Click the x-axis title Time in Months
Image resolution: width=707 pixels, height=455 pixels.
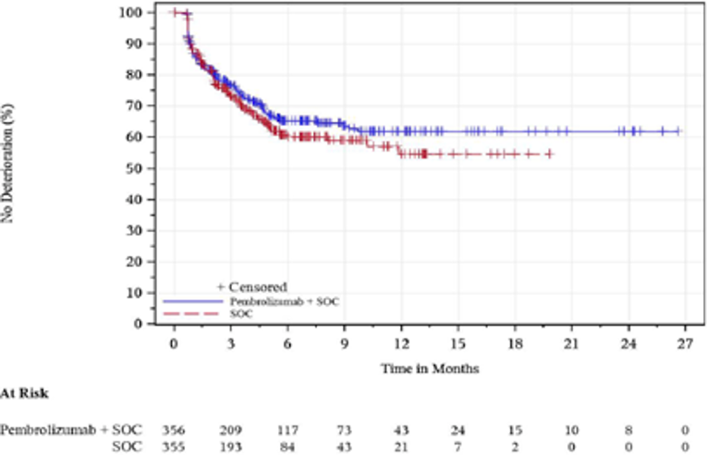click(x=431, y=367)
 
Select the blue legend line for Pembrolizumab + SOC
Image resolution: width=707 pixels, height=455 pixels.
click(x=190, y=301)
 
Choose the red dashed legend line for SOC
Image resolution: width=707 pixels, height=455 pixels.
click(x=190, y=314)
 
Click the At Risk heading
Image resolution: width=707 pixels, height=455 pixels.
click(x=25, y=393)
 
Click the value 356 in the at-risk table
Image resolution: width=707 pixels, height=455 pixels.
click(x=173, y=431)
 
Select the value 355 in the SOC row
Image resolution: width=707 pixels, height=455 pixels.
click(x=173, y=447)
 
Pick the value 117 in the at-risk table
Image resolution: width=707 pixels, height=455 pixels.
click(x=286, y=431)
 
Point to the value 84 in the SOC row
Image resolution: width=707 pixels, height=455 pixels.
click(x=286, y=447)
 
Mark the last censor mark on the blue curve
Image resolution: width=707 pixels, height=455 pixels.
click(x=677, y=131)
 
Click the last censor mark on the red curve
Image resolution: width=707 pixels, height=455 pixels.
click(x=549, y=154)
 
